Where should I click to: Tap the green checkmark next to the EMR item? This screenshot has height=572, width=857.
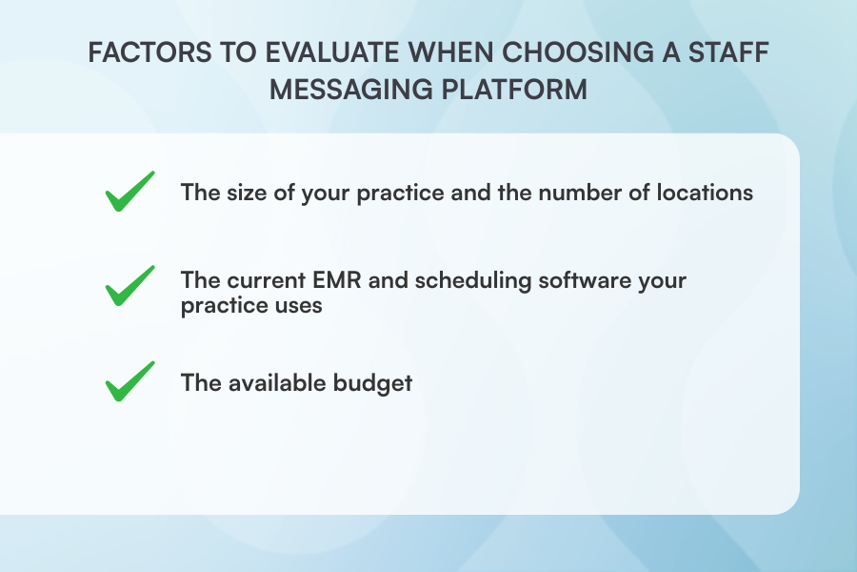coord(130,285)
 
